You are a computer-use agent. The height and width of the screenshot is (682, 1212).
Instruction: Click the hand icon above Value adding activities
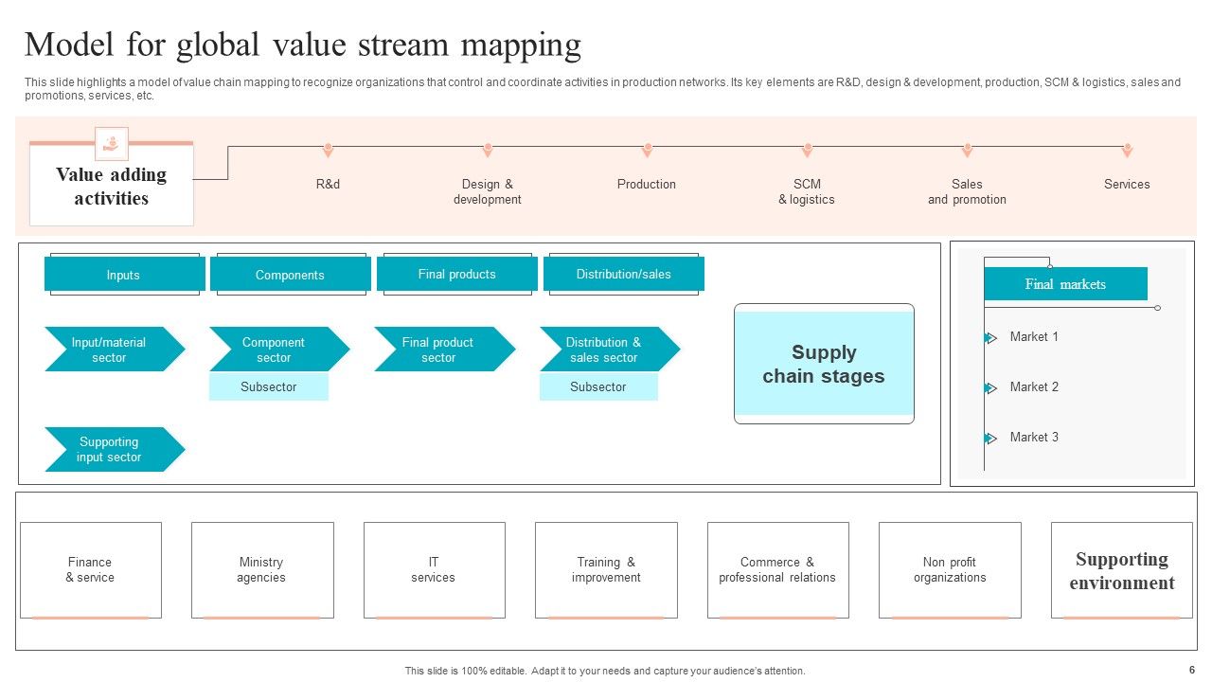[x=112, y=143]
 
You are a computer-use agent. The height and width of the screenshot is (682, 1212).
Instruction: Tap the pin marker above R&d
[x=328, y=150]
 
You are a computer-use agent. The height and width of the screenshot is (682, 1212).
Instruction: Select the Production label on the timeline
[x=647, y=185]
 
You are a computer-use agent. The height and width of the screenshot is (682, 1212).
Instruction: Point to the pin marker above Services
[x=1127, y=150]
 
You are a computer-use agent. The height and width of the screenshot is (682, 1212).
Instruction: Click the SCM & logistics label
[x=807, y=192]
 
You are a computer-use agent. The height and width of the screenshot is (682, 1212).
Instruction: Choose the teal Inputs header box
[x=124, y=275]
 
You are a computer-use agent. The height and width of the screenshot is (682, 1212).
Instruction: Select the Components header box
[x=290, y=275]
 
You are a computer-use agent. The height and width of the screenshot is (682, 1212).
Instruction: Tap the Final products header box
[x=456, y=274]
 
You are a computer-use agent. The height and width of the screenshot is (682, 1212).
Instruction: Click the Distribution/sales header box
[x=623, y=274]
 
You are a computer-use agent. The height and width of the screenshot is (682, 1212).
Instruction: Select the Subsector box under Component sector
[x=268, y=386]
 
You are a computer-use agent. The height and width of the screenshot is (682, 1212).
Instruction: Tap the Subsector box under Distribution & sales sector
[x=598, y=386]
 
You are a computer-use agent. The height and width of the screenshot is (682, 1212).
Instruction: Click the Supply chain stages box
[x=824, y=364]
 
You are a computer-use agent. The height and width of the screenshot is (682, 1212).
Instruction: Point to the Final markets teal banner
[x=1065, y=284]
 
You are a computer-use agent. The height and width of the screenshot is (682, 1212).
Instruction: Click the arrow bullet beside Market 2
[x=990, y=388]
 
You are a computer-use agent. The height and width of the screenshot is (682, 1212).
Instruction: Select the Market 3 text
[x=1034, y=437]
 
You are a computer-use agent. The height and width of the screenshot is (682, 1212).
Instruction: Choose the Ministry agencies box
[x=261, y=570]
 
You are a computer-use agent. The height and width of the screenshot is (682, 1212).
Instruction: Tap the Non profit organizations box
[x=950, y=570]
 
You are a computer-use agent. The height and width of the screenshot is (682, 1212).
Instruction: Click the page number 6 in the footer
[x=1192, y=668]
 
